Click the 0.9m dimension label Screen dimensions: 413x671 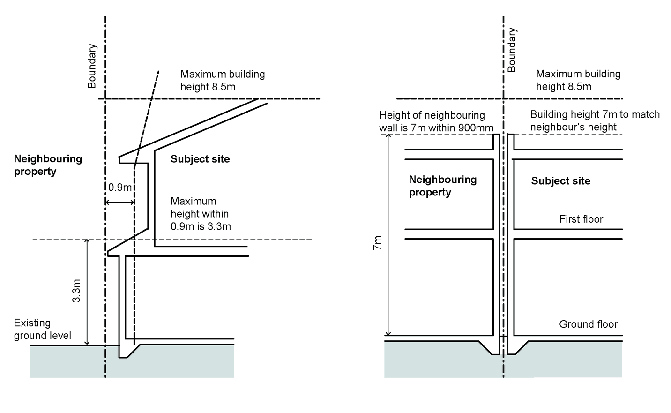click(x=120, y=188)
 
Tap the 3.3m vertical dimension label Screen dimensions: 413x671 click(x=77, y=291)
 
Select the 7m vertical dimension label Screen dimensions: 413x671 click(x=377, y=243)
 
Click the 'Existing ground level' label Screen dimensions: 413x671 click(x=42, y=329)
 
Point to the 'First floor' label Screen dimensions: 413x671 click(x=581, y=219)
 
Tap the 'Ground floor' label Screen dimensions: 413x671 click(x=588, y=324)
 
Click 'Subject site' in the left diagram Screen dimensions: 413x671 click(x=200, y=159)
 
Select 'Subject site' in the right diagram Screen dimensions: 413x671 click(x=560, y=181)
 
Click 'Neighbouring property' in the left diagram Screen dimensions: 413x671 click(x=48, y=165)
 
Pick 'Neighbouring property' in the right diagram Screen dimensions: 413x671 click(x=442, y=186)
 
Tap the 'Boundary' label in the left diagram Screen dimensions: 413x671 click(x=92, y=66)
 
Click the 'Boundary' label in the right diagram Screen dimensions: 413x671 click(x=512, y=50)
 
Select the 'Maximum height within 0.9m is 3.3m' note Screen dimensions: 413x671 click(x=201, y=214)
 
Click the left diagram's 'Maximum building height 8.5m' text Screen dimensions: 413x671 click(x=222, y=80)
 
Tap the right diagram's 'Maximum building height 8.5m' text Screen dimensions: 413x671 click(x=578, y=80)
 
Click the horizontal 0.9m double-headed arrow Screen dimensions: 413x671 click(x=120, y=203)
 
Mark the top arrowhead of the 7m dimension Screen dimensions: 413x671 click(x=388, y=136)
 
